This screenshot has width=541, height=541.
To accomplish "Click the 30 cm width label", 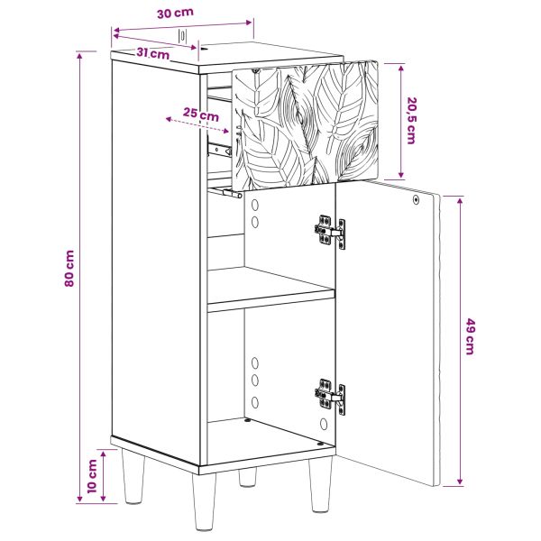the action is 175,14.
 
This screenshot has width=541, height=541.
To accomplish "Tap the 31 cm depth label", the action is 153,53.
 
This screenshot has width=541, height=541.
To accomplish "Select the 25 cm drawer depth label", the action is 201,114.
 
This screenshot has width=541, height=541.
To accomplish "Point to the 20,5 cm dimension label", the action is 411,121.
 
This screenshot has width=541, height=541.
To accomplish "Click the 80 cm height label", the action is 69,268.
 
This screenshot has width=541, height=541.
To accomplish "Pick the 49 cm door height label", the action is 470,336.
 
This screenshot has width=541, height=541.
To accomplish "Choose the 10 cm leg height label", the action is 92,476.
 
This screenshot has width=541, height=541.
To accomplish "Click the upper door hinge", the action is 330,232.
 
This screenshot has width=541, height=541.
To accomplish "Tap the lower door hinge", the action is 330,396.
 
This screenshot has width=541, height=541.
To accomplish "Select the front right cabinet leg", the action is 320,484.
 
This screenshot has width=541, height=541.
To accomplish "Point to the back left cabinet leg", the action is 133,476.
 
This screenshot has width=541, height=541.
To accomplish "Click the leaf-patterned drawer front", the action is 306,125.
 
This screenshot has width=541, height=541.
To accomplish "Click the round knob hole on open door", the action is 416,200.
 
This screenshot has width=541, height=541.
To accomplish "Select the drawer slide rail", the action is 219,149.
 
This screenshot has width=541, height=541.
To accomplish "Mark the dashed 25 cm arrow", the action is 197,125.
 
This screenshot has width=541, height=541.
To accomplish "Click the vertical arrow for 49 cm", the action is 460,341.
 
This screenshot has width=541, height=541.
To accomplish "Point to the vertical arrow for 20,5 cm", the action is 401,122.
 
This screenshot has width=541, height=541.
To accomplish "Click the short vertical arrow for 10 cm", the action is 103,476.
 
